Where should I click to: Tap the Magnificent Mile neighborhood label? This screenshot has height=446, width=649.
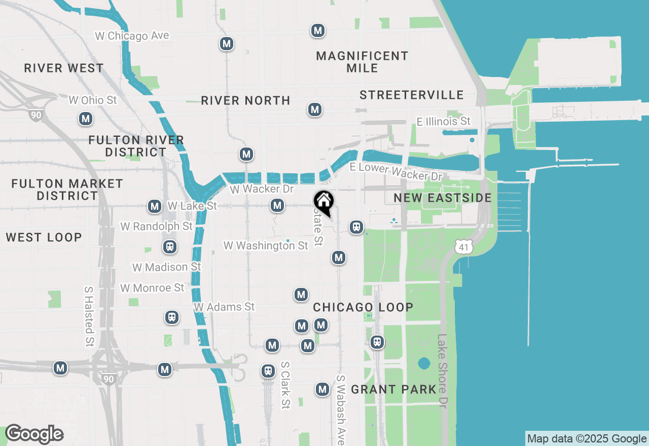click(362, 62)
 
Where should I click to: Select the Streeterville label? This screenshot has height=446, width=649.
click(411, 95)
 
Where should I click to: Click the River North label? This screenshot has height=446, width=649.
click(245, 100)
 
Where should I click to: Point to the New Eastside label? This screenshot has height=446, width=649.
click(443, 198)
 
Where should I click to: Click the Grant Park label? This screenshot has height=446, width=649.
click(393, 389)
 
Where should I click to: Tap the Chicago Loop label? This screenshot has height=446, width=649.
click(363, 307)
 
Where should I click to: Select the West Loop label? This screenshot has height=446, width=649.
click(44, 237)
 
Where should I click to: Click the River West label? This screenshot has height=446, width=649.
click(64, 68)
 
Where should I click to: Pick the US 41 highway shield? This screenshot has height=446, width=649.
click(464, 247)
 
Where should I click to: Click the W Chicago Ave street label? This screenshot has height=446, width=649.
click(132, 36)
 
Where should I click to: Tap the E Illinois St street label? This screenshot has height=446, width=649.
click(443, 121)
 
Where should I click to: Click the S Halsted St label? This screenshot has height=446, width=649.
click(89, 316)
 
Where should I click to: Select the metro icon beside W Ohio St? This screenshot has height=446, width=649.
click(85, 119)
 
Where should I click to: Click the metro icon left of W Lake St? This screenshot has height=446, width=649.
click(155, 206)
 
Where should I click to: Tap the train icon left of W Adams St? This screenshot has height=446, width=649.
click(172, 318)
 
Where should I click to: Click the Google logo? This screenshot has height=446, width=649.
click(34, 434)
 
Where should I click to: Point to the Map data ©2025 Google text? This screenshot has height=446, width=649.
click(587, 439)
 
